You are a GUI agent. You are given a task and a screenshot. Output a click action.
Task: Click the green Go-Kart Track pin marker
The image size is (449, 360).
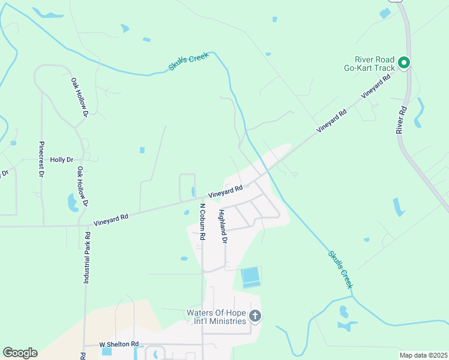click(404, 62)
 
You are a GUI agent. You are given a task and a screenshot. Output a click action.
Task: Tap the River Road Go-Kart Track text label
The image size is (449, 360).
click(375, 64)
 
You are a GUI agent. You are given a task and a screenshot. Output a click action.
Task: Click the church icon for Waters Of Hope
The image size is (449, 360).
click(255, 316)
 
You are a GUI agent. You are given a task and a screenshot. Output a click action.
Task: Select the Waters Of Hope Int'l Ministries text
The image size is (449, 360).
click(217, 317)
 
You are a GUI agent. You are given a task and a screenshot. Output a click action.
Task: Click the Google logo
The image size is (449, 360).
click(20, 353)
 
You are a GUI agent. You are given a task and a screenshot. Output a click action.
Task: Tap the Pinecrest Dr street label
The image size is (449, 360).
click(41, 159)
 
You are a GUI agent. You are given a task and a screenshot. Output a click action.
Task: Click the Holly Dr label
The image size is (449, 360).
click(61, 160)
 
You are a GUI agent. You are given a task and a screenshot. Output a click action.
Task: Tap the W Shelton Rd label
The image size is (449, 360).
click(119, 345)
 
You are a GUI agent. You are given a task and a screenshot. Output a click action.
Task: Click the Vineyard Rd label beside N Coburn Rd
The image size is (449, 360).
click(226, 191)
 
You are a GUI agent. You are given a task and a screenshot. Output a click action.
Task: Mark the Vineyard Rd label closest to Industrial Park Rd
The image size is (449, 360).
click(111, 217)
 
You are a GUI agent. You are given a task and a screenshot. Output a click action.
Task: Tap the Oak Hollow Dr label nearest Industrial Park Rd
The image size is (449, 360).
click(82, 187)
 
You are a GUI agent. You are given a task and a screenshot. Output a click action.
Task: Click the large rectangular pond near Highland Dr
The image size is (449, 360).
click(251, 277)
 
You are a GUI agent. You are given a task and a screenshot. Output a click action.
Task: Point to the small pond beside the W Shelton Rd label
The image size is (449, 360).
click(107, 352)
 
